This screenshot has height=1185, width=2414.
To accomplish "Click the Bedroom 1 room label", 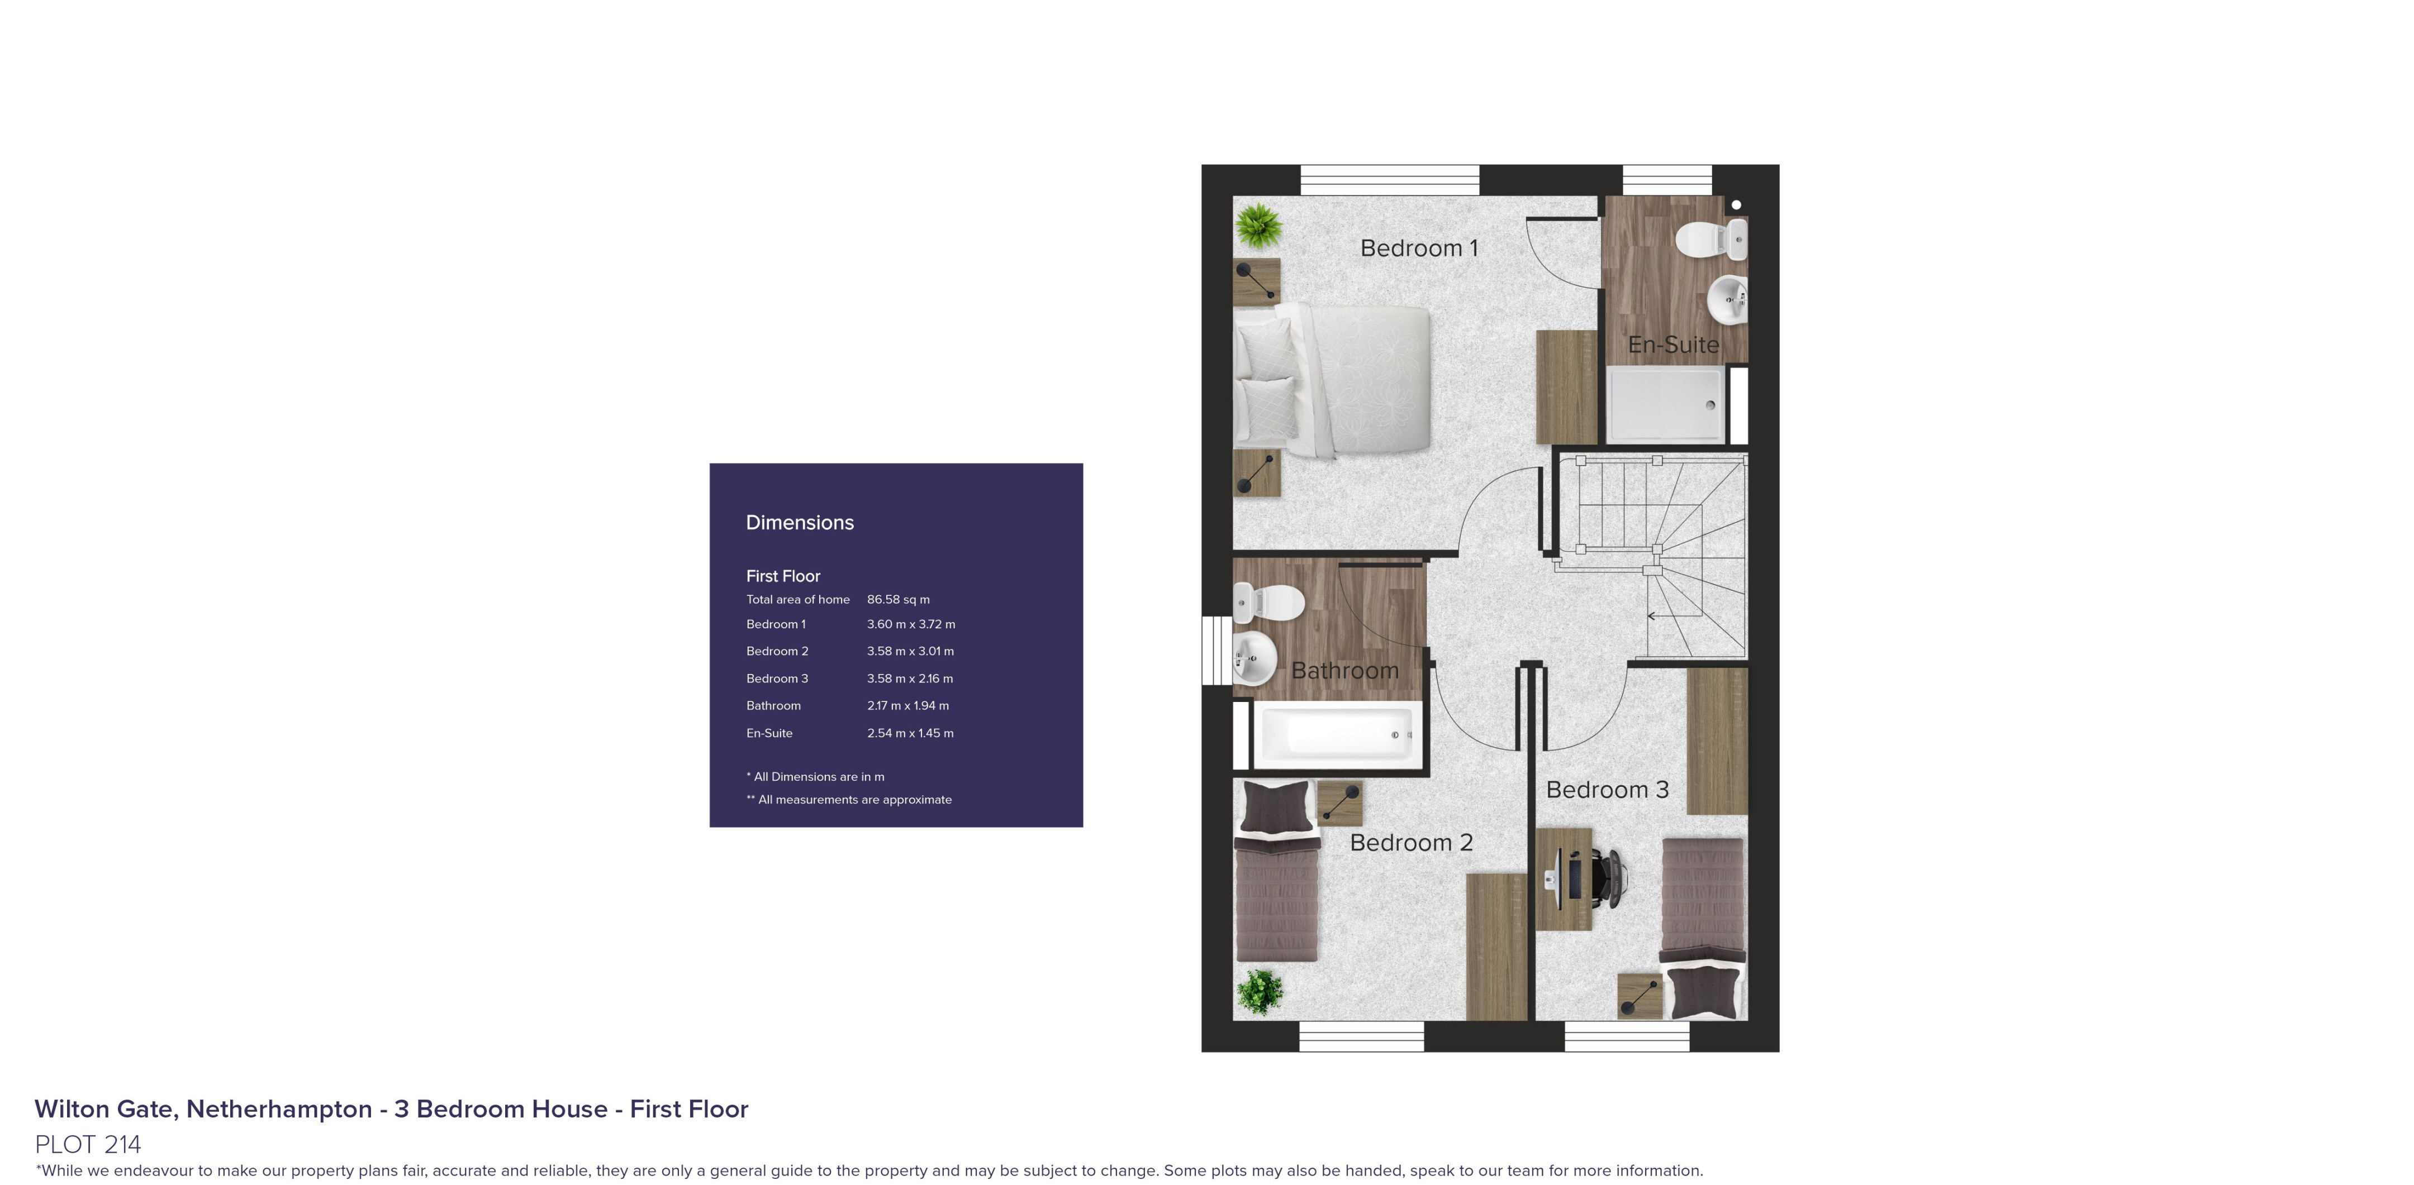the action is pyautogui.click(x=1419, y=249).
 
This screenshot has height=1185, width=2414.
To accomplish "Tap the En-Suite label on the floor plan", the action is pyautogui.click(x=1674, y=345).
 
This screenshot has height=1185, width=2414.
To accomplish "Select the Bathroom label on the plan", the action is pyautogui.click(x=1345, y=671).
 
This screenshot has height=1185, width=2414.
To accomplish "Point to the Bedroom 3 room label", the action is pyautogui.click(x=1607, y=790).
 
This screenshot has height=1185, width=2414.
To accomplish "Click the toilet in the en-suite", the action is pyautogui.click(x=1710, y=239).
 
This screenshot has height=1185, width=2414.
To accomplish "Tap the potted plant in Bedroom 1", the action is pyautogui.click(x=1258, y=226).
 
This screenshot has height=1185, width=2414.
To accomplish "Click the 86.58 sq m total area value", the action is pyautogui.click(x=898, y=600).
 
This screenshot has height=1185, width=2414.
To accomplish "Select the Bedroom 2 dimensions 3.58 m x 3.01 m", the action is pyautogui.click(x=910, y=651).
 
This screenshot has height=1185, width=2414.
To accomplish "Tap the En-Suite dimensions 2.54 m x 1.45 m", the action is pyautogui.click(x=910, y=733).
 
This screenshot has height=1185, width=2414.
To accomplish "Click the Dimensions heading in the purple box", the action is pyautogui.click(x=799, y=523).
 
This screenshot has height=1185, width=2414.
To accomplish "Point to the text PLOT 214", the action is pyautogui.click(x=88, y=1144).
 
